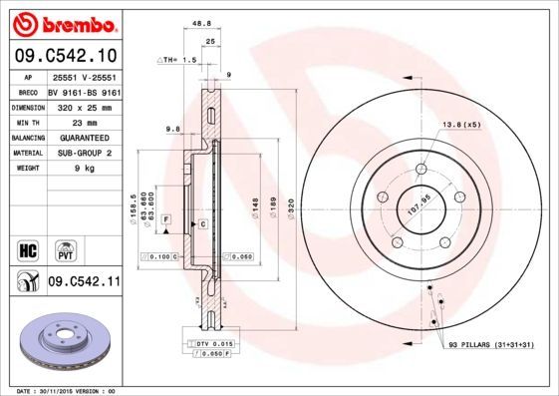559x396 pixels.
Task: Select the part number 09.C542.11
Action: (x=84, y=283)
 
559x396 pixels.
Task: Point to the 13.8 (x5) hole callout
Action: (x=460, y=125)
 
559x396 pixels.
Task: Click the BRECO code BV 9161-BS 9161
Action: (x=91, y=90)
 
